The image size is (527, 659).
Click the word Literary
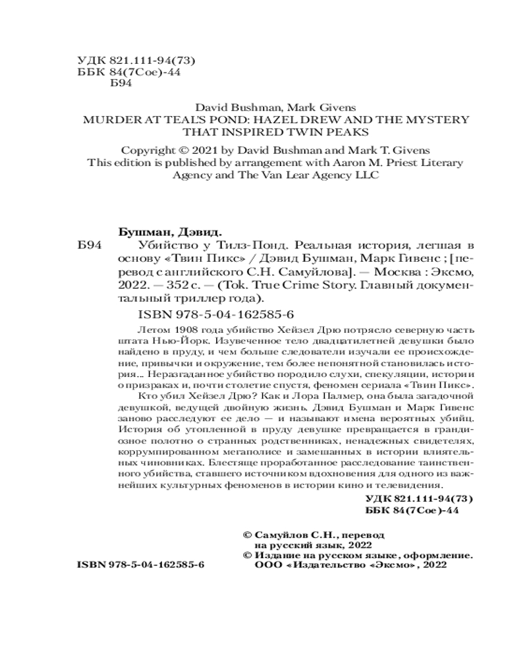pyautogui.click(x=426, y=162)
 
